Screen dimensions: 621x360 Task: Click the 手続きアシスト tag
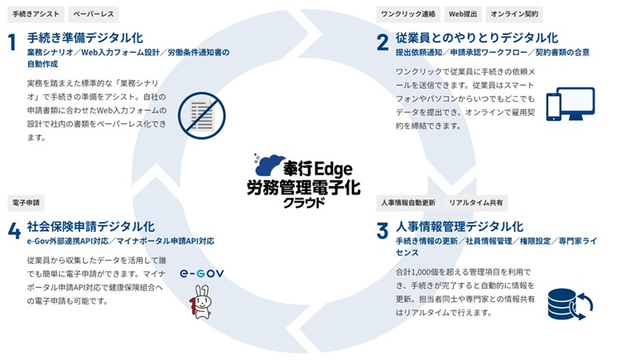(36, 14)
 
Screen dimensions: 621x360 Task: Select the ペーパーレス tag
(94, 14)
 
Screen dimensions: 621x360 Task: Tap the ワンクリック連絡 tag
(408, 14)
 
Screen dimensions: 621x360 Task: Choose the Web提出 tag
(463, 14)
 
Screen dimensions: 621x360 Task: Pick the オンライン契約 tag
(514, 14)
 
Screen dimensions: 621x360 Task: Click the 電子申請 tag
(26, 203)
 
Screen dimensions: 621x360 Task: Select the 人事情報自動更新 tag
(408, 203)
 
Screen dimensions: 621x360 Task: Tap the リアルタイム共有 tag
(475, 203)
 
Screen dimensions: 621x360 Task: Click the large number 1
(12, 42)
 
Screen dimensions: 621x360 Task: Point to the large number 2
(383, 42)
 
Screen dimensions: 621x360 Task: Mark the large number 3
(383, 231)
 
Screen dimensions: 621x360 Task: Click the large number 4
(14, 231)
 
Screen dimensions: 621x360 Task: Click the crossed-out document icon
(201, 116)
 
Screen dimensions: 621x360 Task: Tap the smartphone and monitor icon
(570, 103)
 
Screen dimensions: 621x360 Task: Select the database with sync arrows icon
(570, 305)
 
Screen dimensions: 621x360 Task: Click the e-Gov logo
(201, 273)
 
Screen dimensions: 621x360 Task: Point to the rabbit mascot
(201, 302)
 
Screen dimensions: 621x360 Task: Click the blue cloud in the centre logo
(269, 165)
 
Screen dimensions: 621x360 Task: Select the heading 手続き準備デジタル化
(85, 38)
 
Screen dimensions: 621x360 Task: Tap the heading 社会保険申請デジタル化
(91, 227)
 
